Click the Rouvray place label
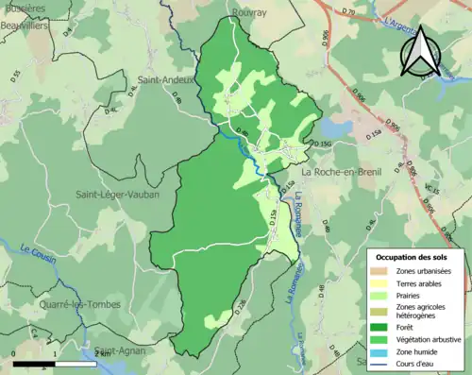pos(248,15)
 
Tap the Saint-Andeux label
pos(166,80)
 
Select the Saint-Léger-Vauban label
pos(117,195)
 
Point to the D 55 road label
pos(17,75)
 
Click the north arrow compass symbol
pos(421,54)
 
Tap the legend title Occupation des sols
pos(413,256)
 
